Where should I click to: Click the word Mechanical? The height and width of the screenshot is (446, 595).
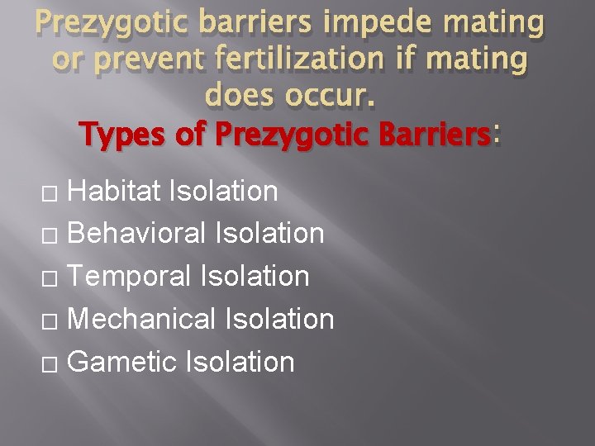[x=142, y=319]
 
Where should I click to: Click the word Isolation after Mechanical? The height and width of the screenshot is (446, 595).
[x=280, y=319]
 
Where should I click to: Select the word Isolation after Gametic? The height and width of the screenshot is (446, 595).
[x=240, y=362]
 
